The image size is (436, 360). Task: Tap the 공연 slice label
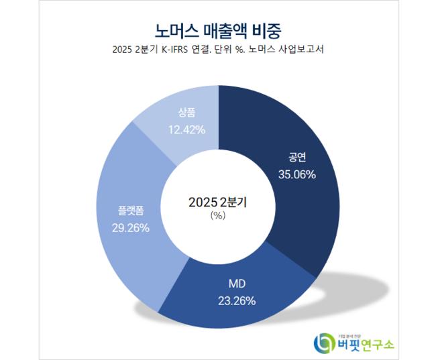pyautogui.click(x=297, y=159)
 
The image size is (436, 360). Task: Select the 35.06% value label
pyautogui.click(x=297, y=174)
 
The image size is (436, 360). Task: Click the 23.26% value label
pyautogui.click(x=237, y=301)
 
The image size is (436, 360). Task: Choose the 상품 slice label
pyautogui.click(x=186, y=114)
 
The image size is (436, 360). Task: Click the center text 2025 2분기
pyautogui.click(x=217, y=201)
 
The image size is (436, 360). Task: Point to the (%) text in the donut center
pyautogui.click(x=217, y=215)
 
